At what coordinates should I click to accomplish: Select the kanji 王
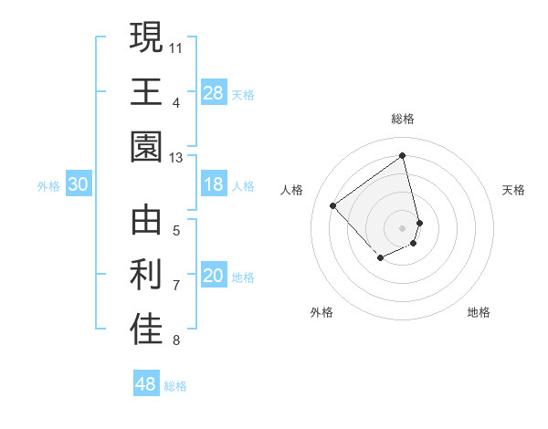point(147,92)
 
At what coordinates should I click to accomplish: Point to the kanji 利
point(147,277)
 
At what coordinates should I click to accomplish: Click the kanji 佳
point(147,331)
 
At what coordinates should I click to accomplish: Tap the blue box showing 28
point(213,92)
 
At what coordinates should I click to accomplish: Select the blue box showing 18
point(213,184)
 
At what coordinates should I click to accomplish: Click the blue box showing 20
point(213,277)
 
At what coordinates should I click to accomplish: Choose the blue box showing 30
point(78,184)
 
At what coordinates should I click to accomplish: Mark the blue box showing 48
point(145,384)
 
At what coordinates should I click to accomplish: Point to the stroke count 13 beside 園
point(176,157)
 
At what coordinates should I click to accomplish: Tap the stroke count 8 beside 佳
point(176,341)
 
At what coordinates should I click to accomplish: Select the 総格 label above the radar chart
point(403,119)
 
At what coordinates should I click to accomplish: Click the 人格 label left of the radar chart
point(292,189)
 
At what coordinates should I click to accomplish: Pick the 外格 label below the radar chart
point(321,312)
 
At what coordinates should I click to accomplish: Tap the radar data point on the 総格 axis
point(403,155)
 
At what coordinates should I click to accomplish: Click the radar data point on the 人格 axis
point(333,206)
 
